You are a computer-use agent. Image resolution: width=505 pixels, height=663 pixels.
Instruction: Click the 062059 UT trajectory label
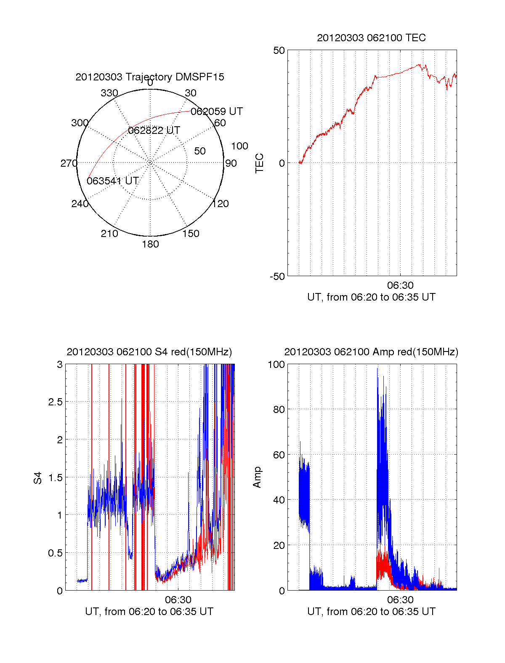click(217, 112)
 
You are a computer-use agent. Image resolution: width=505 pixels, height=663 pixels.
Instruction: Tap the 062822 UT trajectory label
click(154, 130)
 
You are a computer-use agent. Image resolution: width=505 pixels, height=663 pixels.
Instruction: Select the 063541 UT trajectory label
click(113, 181)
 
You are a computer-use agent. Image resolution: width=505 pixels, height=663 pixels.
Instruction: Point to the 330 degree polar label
click(109, 93)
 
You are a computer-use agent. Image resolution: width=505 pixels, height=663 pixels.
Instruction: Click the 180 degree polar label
click(150, 244)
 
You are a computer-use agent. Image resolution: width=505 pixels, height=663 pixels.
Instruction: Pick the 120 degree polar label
click(221, 204)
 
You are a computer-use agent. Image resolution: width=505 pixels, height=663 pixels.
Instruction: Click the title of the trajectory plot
click(150, 77)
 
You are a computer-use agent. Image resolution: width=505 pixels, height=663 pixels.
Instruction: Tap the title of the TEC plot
click(371, 38)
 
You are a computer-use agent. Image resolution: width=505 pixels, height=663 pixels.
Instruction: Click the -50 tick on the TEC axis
click(277, 277)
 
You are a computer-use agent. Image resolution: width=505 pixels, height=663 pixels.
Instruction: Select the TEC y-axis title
click(260, 163)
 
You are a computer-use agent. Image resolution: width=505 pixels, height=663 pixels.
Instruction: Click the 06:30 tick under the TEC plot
click(400, 285)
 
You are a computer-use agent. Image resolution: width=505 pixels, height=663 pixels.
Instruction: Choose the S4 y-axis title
click(38, 478)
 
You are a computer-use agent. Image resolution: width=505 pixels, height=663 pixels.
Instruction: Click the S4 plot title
click(149, 352)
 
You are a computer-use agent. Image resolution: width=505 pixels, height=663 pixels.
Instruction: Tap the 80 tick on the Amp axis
click(279, 410)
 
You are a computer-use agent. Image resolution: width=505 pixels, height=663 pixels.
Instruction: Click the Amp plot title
click(371, 352)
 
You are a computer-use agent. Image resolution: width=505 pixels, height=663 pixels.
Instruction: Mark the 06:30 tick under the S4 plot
click(178, 600)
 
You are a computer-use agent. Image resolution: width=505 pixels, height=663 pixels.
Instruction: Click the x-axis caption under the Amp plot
click(371, 612)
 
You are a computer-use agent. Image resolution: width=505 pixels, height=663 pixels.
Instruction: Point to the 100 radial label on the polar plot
click(239, 146)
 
